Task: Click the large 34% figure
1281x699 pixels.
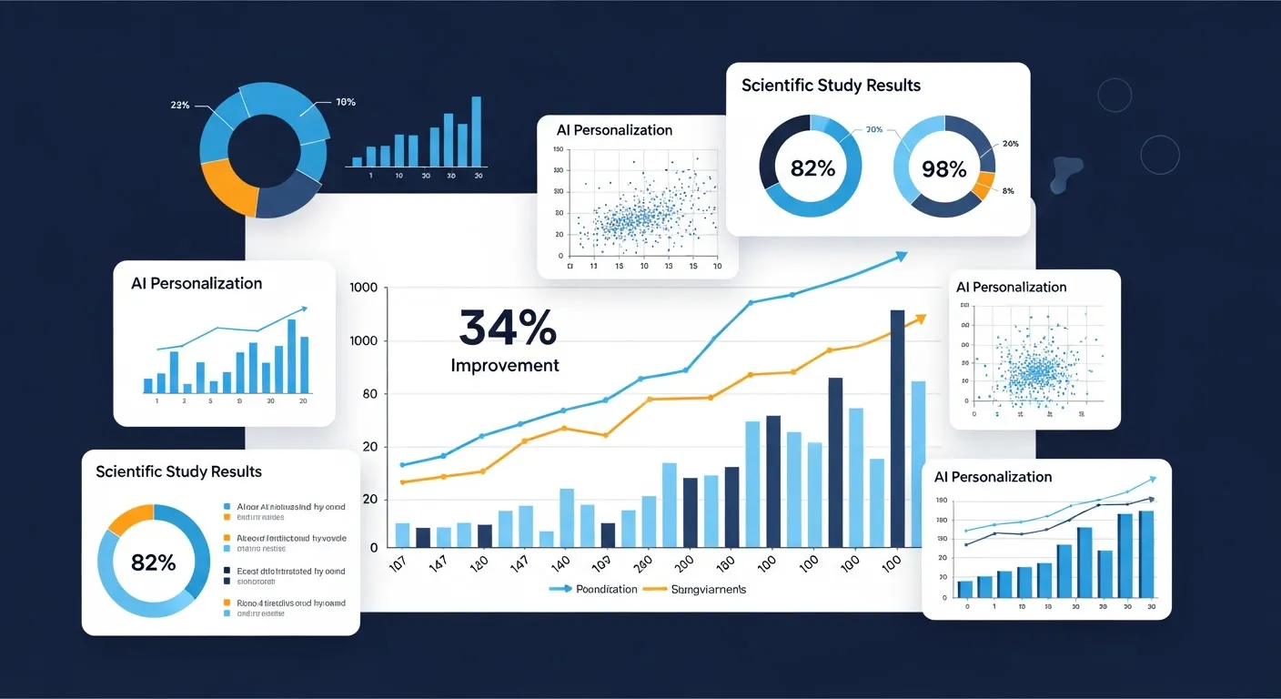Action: (507, 328)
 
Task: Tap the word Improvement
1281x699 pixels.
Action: (505, 366)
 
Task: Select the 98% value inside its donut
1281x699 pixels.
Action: (943, 168)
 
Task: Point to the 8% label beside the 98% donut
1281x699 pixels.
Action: (1007, 191)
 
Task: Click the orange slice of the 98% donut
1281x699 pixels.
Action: (983, 185)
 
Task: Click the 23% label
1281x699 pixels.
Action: (179, 106)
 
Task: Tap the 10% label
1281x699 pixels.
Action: (346, 102)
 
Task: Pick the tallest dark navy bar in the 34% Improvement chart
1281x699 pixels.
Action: (897, 428)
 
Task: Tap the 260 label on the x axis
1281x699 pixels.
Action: (640, 563)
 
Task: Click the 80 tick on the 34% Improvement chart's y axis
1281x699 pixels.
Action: (369, 394)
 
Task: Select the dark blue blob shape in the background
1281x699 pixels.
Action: (1066, 173)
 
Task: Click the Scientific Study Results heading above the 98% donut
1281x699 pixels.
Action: (831, 86)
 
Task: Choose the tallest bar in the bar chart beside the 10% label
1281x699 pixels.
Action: (476, 131)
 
